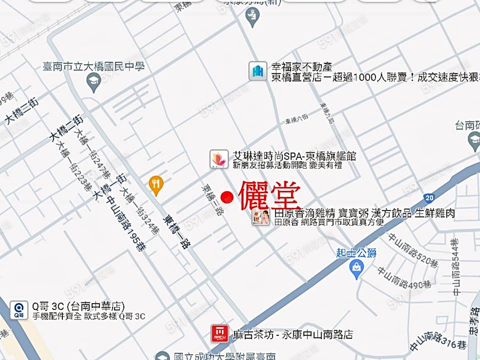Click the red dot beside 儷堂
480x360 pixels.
228,197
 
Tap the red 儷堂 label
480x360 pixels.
270,196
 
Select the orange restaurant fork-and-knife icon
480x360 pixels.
156,184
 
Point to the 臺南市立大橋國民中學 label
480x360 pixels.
93,67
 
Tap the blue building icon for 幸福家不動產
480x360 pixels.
258,71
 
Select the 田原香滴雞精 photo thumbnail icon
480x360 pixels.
261,217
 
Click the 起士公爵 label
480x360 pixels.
357,252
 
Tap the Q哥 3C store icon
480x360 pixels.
19,310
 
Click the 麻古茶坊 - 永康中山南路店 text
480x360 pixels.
293,335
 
